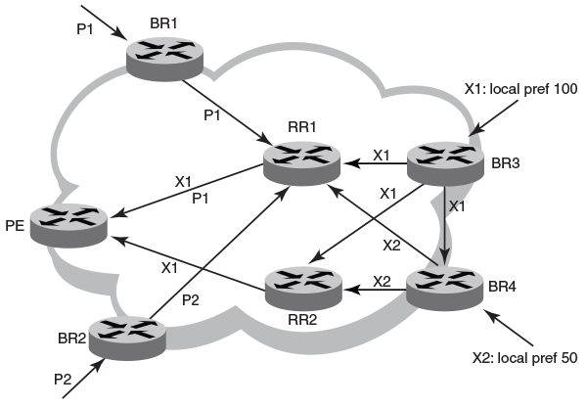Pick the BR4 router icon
[445, 288]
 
